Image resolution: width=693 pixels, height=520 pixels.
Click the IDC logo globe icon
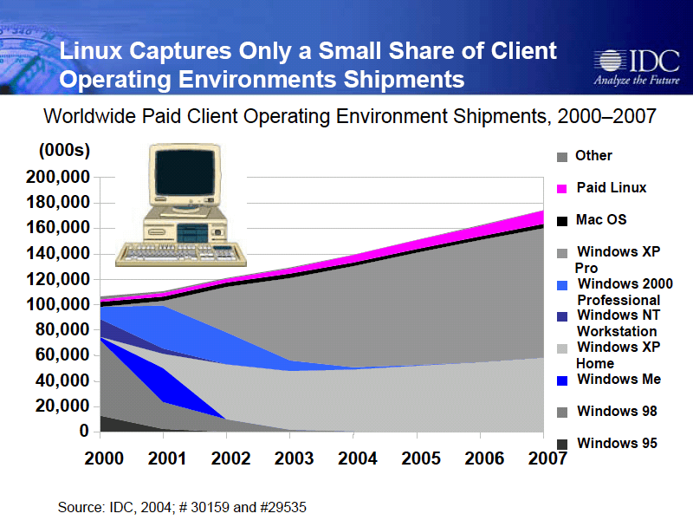click(609, 61)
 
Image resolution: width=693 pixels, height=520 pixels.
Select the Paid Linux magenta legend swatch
click(561, 189)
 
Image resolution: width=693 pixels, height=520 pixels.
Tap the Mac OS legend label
click(601, 219)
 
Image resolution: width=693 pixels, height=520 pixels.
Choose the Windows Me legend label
click(619, 379)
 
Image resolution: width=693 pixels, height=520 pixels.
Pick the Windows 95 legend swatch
click(561, 444)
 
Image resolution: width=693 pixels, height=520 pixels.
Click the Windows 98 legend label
click(617, 411)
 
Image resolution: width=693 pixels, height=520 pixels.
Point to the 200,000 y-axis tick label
click(58, 177)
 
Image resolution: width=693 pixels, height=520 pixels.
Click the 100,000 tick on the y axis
click(58, 304)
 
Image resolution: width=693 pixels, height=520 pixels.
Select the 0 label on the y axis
click(84, 431)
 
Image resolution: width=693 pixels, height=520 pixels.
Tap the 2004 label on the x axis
click(357, 458)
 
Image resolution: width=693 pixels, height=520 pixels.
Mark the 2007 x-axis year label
click(547, 458)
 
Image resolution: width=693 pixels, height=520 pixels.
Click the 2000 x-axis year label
click(104, 458)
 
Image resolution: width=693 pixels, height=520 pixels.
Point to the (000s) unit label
click(64, 150)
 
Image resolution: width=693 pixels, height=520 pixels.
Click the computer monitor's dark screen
click(185, 172)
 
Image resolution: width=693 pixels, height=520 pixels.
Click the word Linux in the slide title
click(91, 50)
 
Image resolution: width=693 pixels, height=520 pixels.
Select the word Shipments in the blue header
click(404, 80)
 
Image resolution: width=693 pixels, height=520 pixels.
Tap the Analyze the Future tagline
click(637, 80)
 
